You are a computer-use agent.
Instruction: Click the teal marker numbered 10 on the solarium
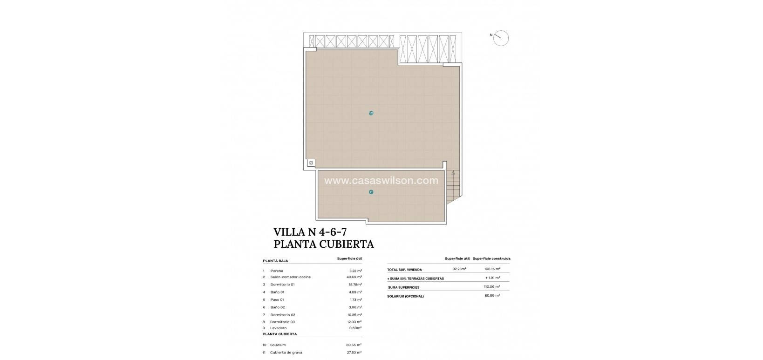[371, 113]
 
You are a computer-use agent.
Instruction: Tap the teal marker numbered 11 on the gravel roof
[371, 192]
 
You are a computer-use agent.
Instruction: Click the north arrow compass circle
[501, 38]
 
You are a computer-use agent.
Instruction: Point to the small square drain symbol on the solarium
[311, 163]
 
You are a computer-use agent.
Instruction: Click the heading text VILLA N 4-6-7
[310, 231]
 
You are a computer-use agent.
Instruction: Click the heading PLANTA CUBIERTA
[323, 244]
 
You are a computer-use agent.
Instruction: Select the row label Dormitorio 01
[282, 285]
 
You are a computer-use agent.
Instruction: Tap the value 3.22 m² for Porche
[355, 271]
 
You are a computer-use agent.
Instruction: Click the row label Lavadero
[278, 328]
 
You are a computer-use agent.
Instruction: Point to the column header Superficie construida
[491, 258]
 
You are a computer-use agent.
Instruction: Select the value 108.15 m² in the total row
[491, 269]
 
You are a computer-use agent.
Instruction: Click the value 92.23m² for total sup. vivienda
[459, 269]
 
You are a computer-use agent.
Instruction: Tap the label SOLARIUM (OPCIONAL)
[405, 296]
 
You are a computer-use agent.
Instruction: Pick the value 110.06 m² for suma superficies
[491, 287]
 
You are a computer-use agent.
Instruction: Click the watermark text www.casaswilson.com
[381, 181]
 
